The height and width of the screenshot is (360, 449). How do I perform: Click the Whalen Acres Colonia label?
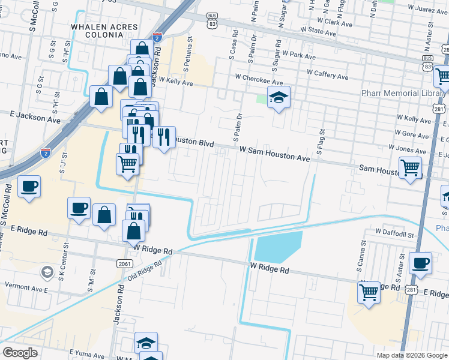pyautogui.click(x=104, y=32)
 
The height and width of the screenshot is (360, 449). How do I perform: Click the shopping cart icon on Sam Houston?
pyautogui.click(x=410, y=167)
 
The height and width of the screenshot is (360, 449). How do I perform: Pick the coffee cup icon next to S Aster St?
pyautogui.click(x=420, y=263)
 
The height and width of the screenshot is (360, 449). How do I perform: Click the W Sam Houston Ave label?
pyautogui.click(x=274, y=154)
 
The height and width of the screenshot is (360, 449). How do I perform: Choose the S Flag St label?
pyautogui.click(x=321, y=142)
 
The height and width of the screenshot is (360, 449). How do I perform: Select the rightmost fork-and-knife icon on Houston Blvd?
pyautogui.click(x=164, y=138)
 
